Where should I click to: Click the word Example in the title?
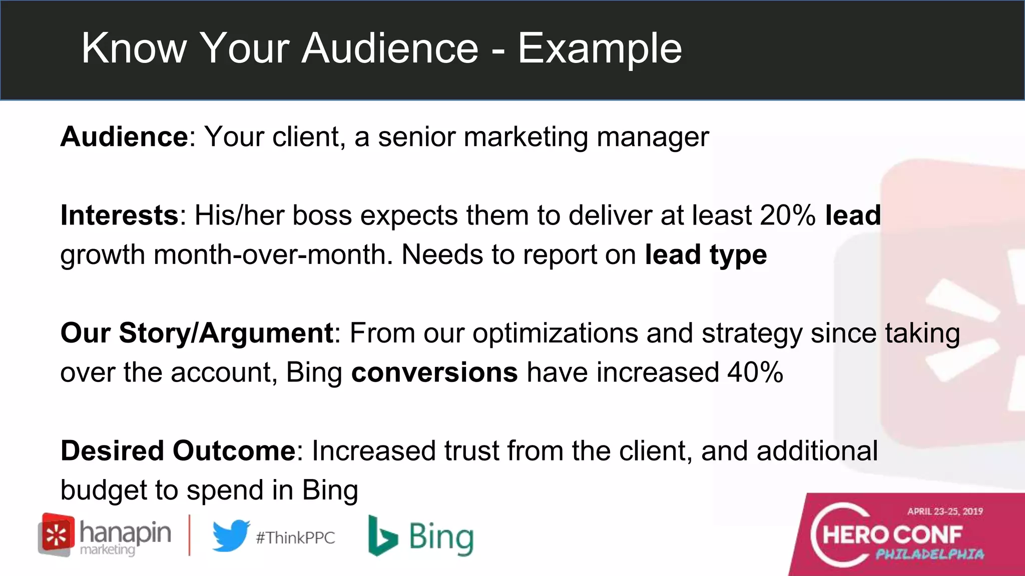[x=599, y=48]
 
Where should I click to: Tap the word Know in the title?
[x=134, y=48]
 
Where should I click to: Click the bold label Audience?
[x=124, y=136]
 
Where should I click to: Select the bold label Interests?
[x=119, y=215]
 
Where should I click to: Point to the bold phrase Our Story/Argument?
[x=197, y=333]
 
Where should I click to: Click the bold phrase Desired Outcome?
[x=178, y=450]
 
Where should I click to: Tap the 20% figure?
[x=788, y=215]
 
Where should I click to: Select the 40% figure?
[x=755, y=372]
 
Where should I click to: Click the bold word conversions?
[x=434, y=372]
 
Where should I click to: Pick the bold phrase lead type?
[x=706, y=255]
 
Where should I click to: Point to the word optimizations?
[x=555, y=333]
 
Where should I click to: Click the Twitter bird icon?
[x=231, y=536]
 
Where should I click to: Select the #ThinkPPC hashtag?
[x=295, y=538]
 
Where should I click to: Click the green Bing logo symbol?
[x=382, y=536]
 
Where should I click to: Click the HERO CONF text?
[x=892, y=534]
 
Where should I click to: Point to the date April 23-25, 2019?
[x=945, y=511]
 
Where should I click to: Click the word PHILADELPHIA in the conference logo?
[x=929, y=554]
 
